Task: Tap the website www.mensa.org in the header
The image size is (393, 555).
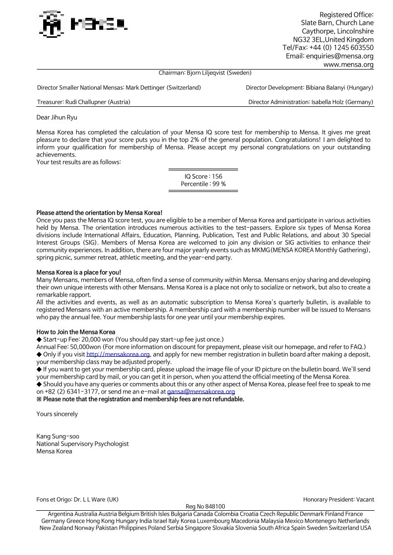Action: [x=348, y=65]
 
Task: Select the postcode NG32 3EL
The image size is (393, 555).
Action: [x=308, y=39]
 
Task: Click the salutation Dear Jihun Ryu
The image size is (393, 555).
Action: [x=57, y=118]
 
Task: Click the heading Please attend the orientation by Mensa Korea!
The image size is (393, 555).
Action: [x=99, y=213]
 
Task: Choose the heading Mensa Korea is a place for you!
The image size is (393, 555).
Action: [x=79, y=272]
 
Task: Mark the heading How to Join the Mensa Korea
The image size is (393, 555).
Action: [x=76, y=332]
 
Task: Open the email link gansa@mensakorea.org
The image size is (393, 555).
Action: [x=201, y=392]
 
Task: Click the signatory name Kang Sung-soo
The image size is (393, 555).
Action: [x=58, y=437]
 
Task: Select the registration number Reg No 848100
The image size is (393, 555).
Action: [x=205, y=507]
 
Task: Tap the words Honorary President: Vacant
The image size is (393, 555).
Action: [x=338, y=499]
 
